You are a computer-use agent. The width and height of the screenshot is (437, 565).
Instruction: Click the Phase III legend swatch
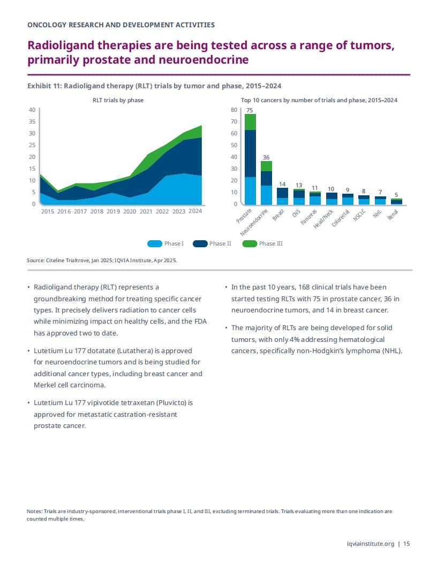tap(250, 243)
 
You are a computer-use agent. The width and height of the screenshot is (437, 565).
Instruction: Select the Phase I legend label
tap(174, 243)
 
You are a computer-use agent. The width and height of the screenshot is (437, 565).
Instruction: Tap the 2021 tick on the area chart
tap(146, 211)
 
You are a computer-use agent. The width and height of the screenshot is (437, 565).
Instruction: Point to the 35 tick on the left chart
tap(32, 121)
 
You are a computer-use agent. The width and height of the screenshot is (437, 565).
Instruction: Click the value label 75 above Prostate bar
tap(250, 110)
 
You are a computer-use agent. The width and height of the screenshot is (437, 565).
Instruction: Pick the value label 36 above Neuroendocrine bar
tap(266, 157)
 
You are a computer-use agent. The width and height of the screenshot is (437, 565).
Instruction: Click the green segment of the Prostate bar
tap(250, 122)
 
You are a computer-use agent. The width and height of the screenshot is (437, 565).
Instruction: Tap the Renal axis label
tap(393, 215)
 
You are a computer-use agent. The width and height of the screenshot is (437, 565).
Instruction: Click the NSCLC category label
tap(359, 215)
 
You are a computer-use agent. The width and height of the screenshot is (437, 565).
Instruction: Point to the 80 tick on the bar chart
tap(234, 110)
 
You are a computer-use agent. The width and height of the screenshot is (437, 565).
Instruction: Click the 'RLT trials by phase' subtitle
tap(118, 100)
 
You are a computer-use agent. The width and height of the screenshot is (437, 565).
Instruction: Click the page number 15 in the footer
tap(406, 544)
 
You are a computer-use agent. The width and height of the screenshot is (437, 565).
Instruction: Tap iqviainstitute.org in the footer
tap(370, 544)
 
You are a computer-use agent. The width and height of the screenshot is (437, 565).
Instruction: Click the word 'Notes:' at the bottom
tap(35, 511)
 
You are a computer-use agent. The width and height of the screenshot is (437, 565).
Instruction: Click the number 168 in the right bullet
tap(304, 287)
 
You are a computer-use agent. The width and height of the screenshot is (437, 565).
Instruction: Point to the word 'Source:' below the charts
tap(36, 260)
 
